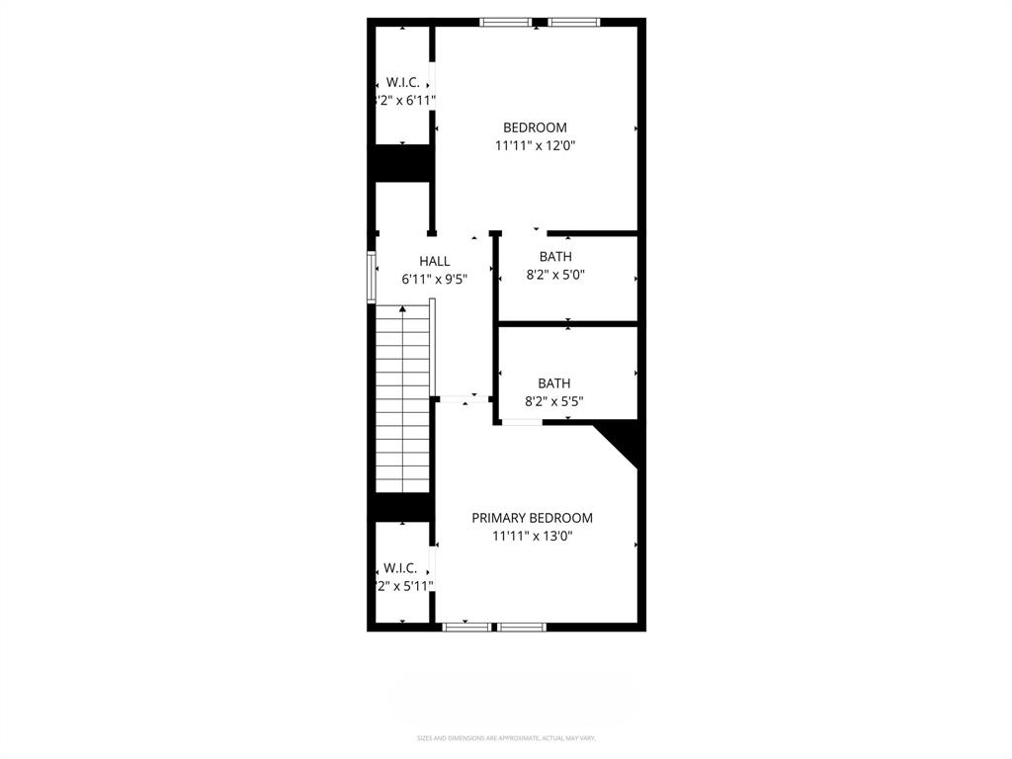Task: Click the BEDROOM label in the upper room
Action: [535, 127]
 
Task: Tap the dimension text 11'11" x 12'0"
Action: [535, 146]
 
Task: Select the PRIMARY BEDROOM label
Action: [532, 518]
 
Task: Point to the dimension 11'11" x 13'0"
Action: [533, 537]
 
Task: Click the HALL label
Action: [434, 262]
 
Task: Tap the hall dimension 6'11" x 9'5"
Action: [434, 280]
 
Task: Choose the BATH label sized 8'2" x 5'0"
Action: [555, 257]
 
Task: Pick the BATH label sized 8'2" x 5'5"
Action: [553, 383]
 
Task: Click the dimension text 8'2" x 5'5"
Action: [553, 402]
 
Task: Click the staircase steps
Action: [402, 405]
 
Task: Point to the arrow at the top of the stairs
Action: [402, 310]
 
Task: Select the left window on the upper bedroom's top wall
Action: [505, 22]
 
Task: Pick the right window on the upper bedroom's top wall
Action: [574, 22]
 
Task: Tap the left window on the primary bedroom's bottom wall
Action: [465, 627]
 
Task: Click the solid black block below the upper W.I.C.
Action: [401, 163]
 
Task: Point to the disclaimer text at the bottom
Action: [506, 738]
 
